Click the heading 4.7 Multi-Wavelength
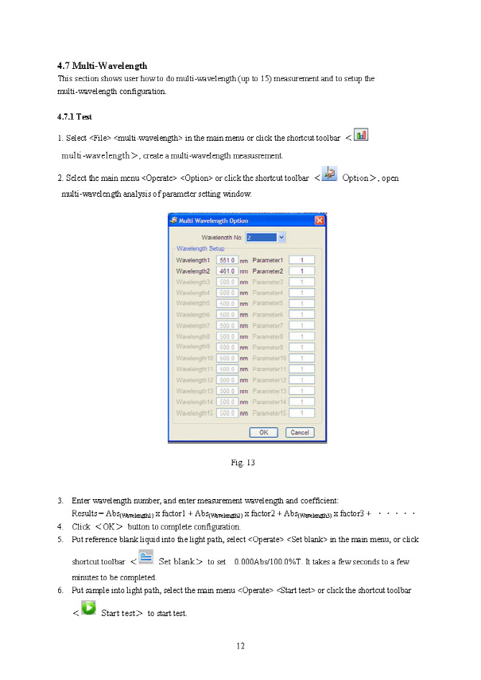coord(102,67)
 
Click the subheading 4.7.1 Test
coord(75,116)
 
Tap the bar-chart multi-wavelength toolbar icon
coord(362,134)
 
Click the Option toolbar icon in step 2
coord(330,174)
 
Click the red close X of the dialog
coord(319,220)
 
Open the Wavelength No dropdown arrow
coord(281,237)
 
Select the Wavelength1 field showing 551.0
coord(228,260)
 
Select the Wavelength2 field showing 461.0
coord(228,271)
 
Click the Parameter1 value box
coord(303,260)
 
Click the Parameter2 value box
coord(303,271)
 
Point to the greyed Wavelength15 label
coord(194,413)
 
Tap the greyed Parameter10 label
coord(269,358)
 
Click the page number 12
coord(240,646)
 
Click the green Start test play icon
coord(88,608)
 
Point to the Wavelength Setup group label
coord(201,248)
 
